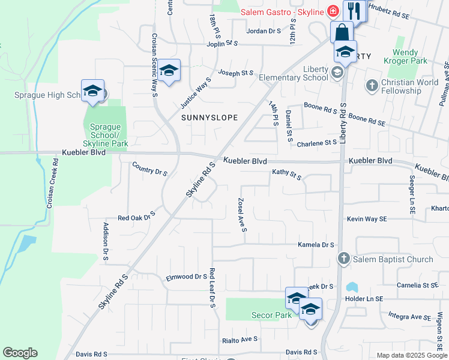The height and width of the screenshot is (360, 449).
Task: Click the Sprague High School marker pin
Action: coord(92,91)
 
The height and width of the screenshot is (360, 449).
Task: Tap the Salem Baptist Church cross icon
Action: coord(343,259)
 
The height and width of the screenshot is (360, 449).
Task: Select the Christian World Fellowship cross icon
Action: coord(372,85)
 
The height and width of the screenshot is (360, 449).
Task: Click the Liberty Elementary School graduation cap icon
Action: coord(337,73)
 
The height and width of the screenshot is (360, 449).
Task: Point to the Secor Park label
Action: coord(272,315)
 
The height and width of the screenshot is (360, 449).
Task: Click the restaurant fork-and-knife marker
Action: coord(355,11)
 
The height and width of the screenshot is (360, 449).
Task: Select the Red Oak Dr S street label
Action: coord(136,217)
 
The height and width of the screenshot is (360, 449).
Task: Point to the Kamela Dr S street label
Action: coord(316,245)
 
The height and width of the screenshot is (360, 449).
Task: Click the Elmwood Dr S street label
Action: coord(186,277)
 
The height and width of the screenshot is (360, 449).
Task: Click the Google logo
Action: coord(20,353)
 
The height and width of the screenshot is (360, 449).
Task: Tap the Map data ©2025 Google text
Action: coord(411,355)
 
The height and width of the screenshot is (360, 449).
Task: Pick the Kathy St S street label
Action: coord(286,175)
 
